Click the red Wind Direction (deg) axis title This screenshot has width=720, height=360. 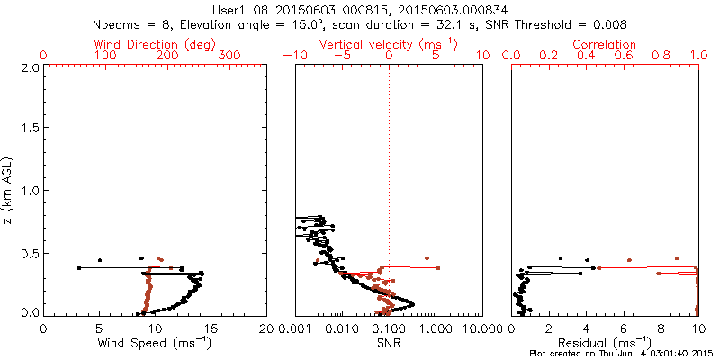pyautogui.click(x=156, y=44)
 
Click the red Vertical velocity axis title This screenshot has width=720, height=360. pyautogui.click(x=388, y=44)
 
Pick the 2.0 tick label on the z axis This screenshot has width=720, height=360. pyautogui.click(x=29, y=67)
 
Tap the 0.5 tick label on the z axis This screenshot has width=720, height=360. pyautogui.click(x=29, y=252)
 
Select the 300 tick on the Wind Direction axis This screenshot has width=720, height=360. pyautogui.click(x=229, y=56)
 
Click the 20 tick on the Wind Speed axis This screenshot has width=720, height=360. pyautogui.click(x=267, y=328)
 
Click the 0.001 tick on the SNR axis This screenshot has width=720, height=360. pyautogui.click(x=295, y=328)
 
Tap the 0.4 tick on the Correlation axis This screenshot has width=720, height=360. pyautogui.click(x=586, y=56)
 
